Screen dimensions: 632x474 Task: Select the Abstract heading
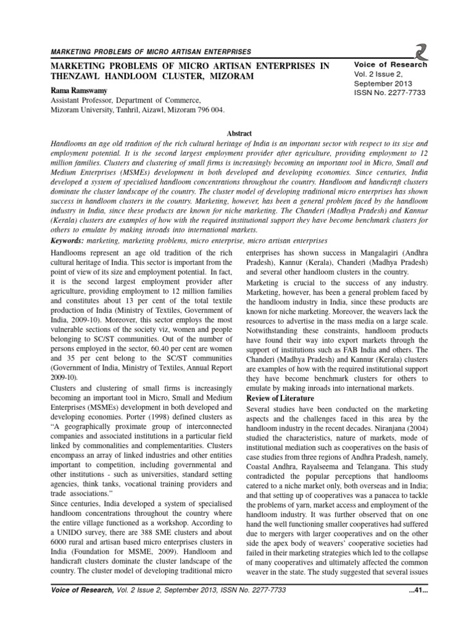click(236, 132)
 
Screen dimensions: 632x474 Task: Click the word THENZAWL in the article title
click(78, 77)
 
